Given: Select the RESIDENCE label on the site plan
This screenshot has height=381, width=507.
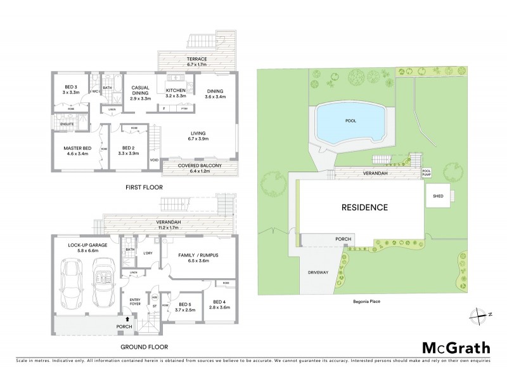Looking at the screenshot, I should (365, 207).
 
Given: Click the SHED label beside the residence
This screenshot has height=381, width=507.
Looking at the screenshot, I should (437, 196).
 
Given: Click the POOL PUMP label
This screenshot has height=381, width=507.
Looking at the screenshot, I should (426, 171).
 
